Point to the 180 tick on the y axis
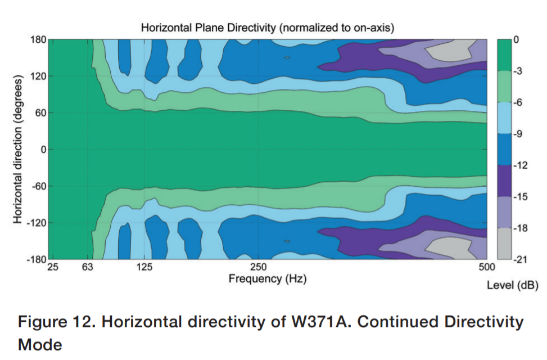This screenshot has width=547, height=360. [38, 39]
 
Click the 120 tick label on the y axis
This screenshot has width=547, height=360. [38, 76]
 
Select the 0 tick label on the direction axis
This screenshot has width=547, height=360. [43, 150]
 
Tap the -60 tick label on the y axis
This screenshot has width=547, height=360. [39, 186]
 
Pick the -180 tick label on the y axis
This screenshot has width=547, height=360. [37, 259]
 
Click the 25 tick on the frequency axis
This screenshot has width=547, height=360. [53, 267]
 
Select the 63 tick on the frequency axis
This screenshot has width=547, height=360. [88, 267]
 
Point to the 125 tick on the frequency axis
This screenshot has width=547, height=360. [144, 267]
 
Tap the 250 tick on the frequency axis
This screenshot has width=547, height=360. [258, 267]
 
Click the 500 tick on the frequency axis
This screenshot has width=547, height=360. [487, 267]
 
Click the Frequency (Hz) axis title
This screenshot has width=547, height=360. [268, 279]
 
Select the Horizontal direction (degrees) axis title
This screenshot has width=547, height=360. [18, 149]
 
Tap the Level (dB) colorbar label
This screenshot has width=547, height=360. [513, 285]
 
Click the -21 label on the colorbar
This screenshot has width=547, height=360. [519, 259]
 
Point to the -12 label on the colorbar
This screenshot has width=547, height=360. [520, 165]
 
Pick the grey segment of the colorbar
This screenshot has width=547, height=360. [504, 244]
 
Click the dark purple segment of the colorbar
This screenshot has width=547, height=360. [504, 181]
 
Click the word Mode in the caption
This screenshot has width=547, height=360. [40, 345]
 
